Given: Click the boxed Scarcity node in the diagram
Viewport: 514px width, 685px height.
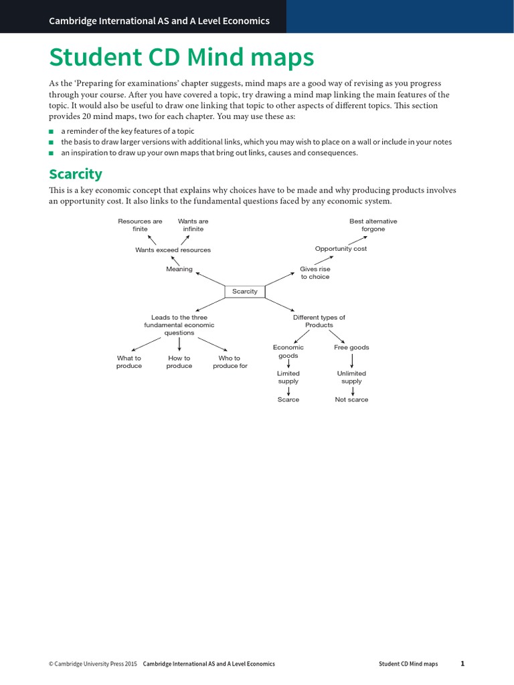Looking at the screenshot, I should click(244, 292).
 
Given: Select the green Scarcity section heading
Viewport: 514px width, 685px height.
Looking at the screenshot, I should click(76, 175).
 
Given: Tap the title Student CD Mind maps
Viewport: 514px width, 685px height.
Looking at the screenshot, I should click(181, 58).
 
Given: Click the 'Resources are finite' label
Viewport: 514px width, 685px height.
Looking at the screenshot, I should click(140, 225).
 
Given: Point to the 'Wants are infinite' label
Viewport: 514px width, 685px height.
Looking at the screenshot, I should click(193, 225).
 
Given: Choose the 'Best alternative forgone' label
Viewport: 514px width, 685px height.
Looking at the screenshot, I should click(373, 225).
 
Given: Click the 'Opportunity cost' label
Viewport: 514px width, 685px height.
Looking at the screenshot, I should click(341, 249).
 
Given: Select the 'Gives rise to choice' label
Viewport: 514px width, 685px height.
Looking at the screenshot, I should click(315, 273).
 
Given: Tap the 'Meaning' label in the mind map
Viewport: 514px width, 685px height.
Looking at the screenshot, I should click(179, 269).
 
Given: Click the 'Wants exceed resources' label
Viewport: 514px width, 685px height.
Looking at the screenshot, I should click(173, 250).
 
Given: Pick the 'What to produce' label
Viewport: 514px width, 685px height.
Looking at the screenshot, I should click(129, 362).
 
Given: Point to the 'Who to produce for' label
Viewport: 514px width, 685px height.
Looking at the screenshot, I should click(230, 362).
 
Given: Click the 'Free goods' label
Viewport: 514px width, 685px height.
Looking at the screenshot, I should click(351, 347).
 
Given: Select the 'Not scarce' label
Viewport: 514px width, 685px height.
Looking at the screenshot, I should click(351, 399).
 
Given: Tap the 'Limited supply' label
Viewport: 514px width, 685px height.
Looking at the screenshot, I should click(288, 377).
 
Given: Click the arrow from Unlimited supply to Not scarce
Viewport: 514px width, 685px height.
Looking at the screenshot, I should click(352, 390).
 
